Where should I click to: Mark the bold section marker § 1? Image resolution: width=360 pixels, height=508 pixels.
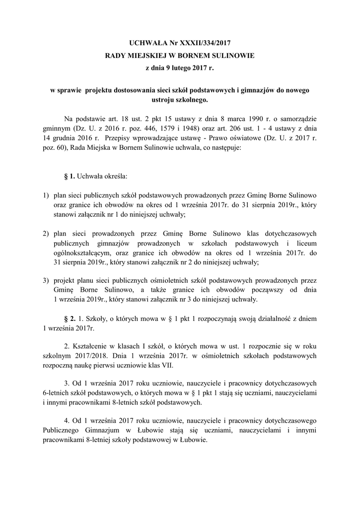pyautogui.click(x=70, y=176)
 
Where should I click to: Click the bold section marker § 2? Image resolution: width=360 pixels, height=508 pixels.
pyautogui.click(x=70, y=317)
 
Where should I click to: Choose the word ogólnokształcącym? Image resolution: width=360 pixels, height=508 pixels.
pyautogui.click(x=85, y=252)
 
